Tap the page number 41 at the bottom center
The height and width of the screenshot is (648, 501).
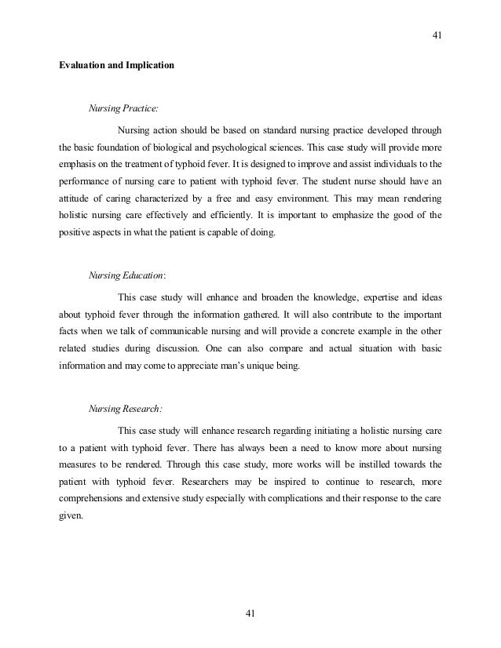tap(251, 613)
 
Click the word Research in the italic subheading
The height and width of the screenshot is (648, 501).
tap(144, 407)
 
